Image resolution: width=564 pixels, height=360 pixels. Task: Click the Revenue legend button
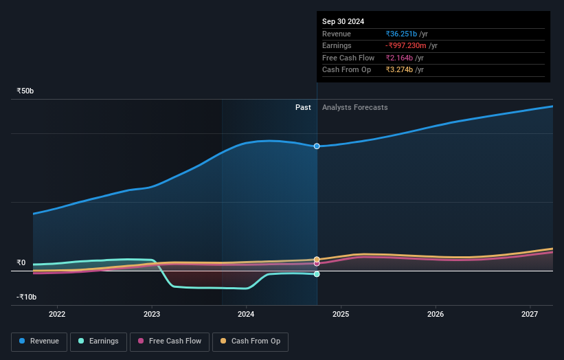point(40,341)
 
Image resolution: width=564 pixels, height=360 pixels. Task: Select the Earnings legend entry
point(99,341)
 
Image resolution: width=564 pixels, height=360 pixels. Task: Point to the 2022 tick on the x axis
point(57,314)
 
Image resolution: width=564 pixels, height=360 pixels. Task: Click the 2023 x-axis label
point(152,314)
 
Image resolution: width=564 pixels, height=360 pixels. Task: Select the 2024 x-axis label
point(246,314)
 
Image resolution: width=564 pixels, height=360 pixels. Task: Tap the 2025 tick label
point(341,314)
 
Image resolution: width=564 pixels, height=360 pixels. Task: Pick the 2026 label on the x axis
point(435,314)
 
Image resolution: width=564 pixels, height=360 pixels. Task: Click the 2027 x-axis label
point(530,314)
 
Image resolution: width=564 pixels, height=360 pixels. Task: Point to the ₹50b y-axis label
point(25,91)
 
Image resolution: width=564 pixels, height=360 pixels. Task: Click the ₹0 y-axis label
point(21,262)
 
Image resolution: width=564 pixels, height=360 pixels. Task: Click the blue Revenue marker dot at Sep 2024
point(317,146)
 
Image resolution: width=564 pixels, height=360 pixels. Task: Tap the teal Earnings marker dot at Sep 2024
point(317,274)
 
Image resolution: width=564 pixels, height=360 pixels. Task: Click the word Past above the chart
point(303,108)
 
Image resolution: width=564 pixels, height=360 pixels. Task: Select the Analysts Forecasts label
point(354,108)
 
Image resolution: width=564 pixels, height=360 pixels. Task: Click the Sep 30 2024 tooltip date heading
point(343,21)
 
